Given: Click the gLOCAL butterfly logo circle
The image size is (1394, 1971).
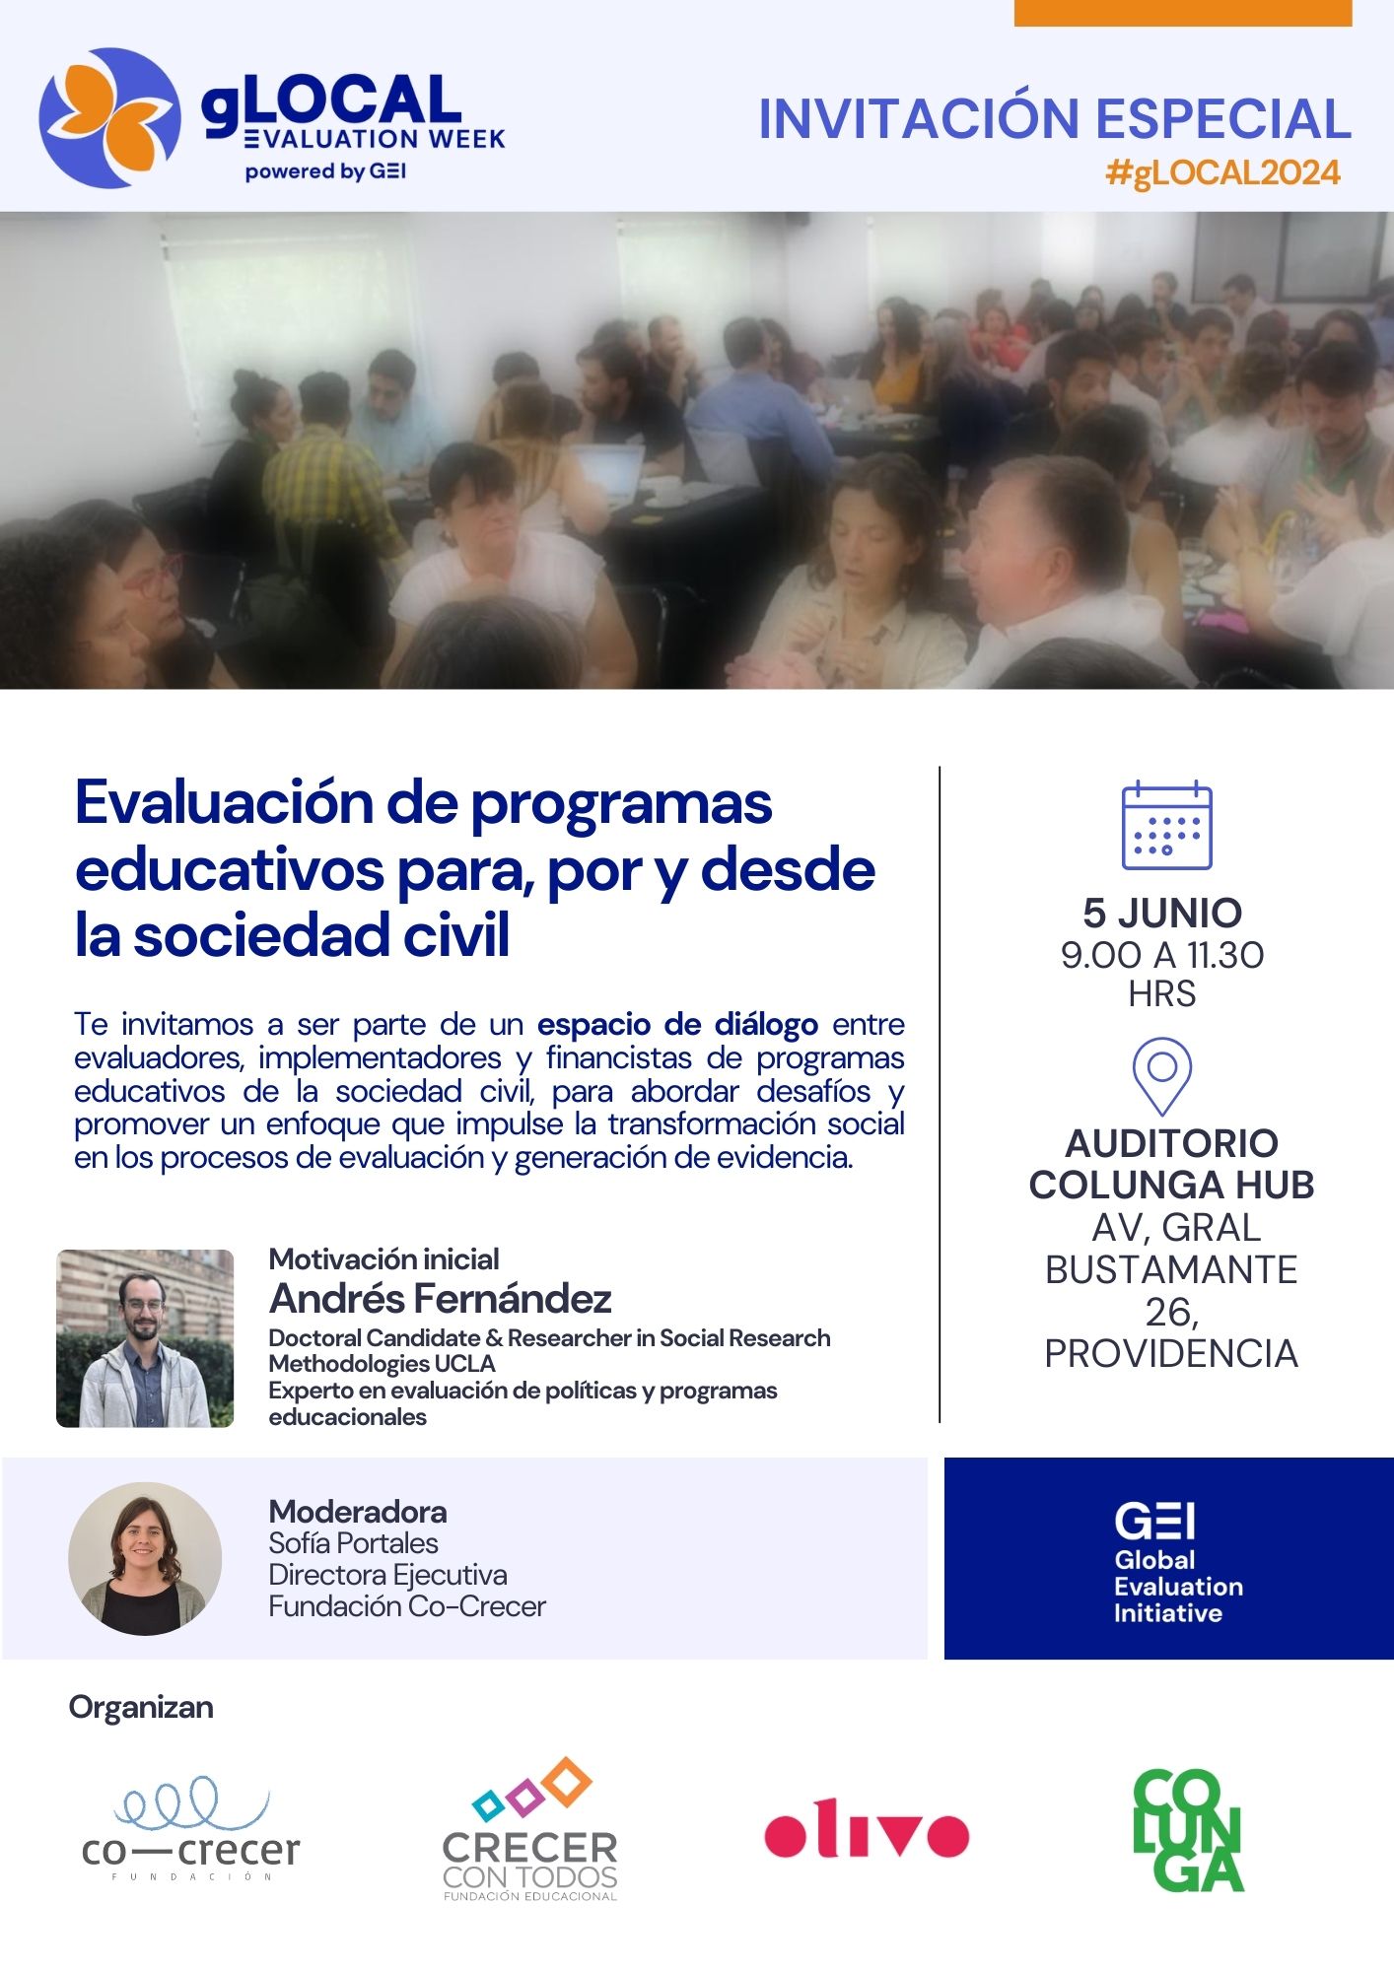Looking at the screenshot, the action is (109, 118).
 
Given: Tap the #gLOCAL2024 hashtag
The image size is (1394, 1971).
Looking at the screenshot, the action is (1222, 173).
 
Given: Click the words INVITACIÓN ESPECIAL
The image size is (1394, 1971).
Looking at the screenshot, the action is (1054, 119).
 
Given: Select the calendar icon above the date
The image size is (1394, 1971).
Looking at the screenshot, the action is (1166, 825).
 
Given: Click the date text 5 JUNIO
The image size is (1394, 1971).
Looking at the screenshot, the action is (1162, 913).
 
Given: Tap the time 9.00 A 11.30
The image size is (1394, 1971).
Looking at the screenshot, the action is (1162, 955).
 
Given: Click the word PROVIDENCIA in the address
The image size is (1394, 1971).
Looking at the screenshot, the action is (1171, 1354).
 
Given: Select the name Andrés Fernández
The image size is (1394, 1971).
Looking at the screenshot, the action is (441, 1299).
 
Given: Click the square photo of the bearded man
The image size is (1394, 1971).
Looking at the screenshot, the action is (145, 1338).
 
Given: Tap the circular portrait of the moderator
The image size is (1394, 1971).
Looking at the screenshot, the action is (145, 1559).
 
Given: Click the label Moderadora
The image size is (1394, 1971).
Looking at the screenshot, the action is (358, 1512).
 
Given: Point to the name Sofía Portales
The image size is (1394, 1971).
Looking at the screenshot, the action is (353, 1543).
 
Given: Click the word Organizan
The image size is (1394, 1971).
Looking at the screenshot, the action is (141, 1708).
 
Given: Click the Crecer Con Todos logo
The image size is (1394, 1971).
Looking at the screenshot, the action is (530, 1830).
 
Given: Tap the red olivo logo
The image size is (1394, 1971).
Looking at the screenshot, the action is (867, 1830).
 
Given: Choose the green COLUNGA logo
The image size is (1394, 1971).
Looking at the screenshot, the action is (1188, 1830).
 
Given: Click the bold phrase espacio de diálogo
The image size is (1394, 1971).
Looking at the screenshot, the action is (677, 1025).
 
